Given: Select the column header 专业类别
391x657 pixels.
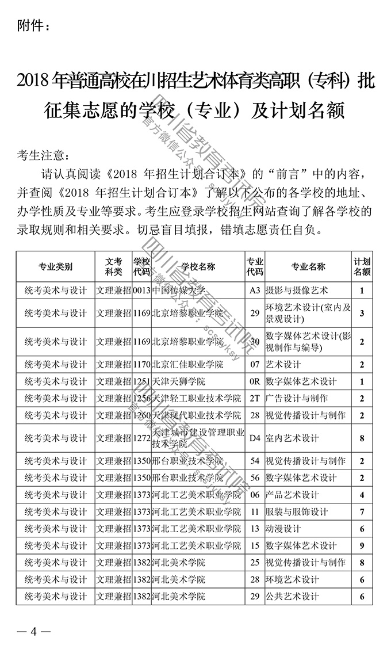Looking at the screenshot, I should (x=55, y=267).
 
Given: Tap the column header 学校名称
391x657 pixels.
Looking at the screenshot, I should (x=198, y=267).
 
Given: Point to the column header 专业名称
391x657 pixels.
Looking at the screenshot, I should (x=308, y=267).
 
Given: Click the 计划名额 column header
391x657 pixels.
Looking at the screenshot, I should (x=362, y=267).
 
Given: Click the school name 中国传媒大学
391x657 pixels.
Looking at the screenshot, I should (x=178, y=291).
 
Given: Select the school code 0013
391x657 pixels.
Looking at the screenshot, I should (x=141, y=291).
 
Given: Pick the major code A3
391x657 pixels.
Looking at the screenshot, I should (x=255, y=291).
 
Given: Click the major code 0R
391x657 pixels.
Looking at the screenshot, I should (x=255, y=381).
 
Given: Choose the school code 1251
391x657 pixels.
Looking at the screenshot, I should (x=141, y=381).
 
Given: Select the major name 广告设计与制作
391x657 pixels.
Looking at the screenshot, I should (x=297, y=398).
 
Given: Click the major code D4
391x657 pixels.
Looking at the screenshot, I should (x=255, y=438).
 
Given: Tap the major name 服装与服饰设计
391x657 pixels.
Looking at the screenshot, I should (x=297, y=512).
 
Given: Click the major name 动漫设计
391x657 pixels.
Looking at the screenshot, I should (x=283, y=529).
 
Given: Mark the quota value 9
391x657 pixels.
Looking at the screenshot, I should (x=362, y=546).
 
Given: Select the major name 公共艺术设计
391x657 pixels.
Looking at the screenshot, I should (x=292, y=597).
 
